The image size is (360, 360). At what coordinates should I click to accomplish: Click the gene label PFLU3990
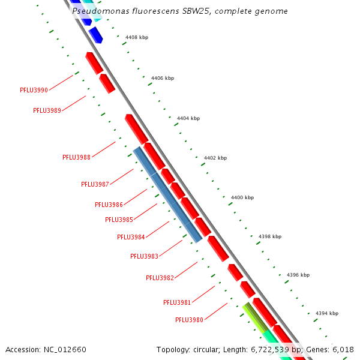[x=34, y=90]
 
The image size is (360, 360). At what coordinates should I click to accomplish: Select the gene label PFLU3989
[x=47, y=110]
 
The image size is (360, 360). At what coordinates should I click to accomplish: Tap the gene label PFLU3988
[x=76, y=157]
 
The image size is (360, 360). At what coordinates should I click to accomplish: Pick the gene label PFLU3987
[x=95, y=184]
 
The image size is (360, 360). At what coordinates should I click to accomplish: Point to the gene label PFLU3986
[x=109, y=205]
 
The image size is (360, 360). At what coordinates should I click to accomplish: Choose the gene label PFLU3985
[x=119, y=220]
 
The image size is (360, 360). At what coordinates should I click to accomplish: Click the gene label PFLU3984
[x=131, y=237]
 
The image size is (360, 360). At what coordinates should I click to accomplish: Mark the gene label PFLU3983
[x=144, y=256]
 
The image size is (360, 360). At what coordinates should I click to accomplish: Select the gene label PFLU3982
[x=160, y=278]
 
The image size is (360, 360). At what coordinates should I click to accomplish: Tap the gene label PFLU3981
[x=177, y=302]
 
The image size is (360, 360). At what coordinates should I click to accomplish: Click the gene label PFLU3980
[x=189, y=320]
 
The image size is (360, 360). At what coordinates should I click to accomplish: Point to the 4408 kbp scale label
[x=136, y=37]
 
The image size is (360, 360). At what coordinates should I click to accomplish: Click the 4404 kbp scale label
[x=188, y=118]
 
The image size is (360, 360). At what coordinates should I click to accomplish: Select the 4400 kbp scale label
[x=242, y=197]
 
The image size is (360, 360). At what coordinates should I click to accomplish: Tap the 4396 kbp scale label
[x=298, y=275]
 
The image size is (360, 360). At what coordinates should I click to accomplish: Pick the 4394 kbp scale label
[x=326, y=313]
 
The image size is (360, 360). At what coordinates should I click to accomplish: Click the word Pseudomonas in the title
[x=95, y=11]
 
